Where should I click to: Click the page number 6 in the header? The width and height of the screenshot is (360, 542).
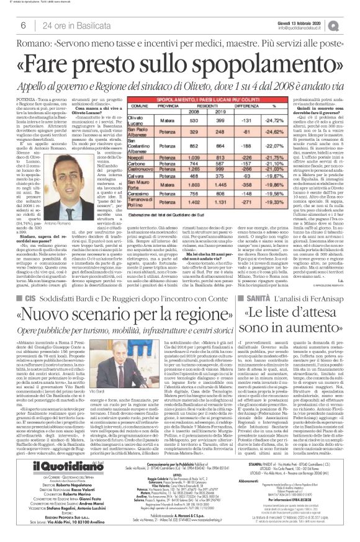22,25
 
